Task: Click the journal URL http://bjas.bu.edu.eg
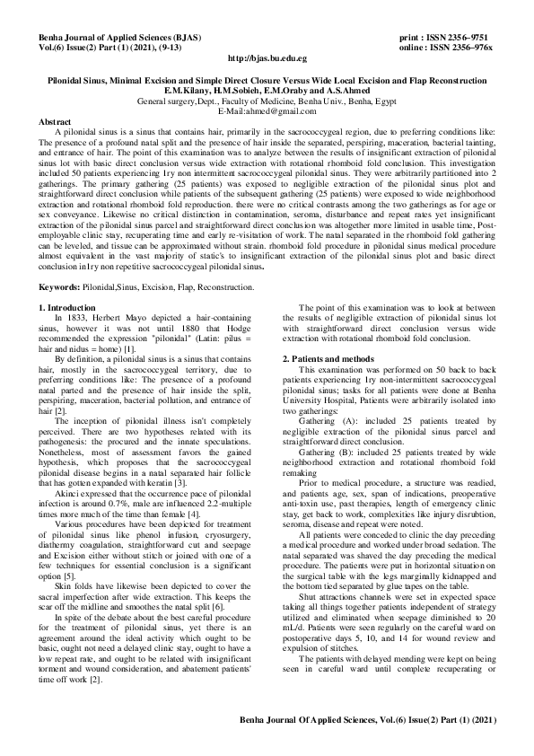pyautogui.click(x=267, y=57)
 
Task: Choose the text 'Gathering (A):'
pyautogui.click(x=329, y=420)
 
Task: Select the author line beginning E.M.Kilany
pyautogui.click(x=267, y=91)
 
